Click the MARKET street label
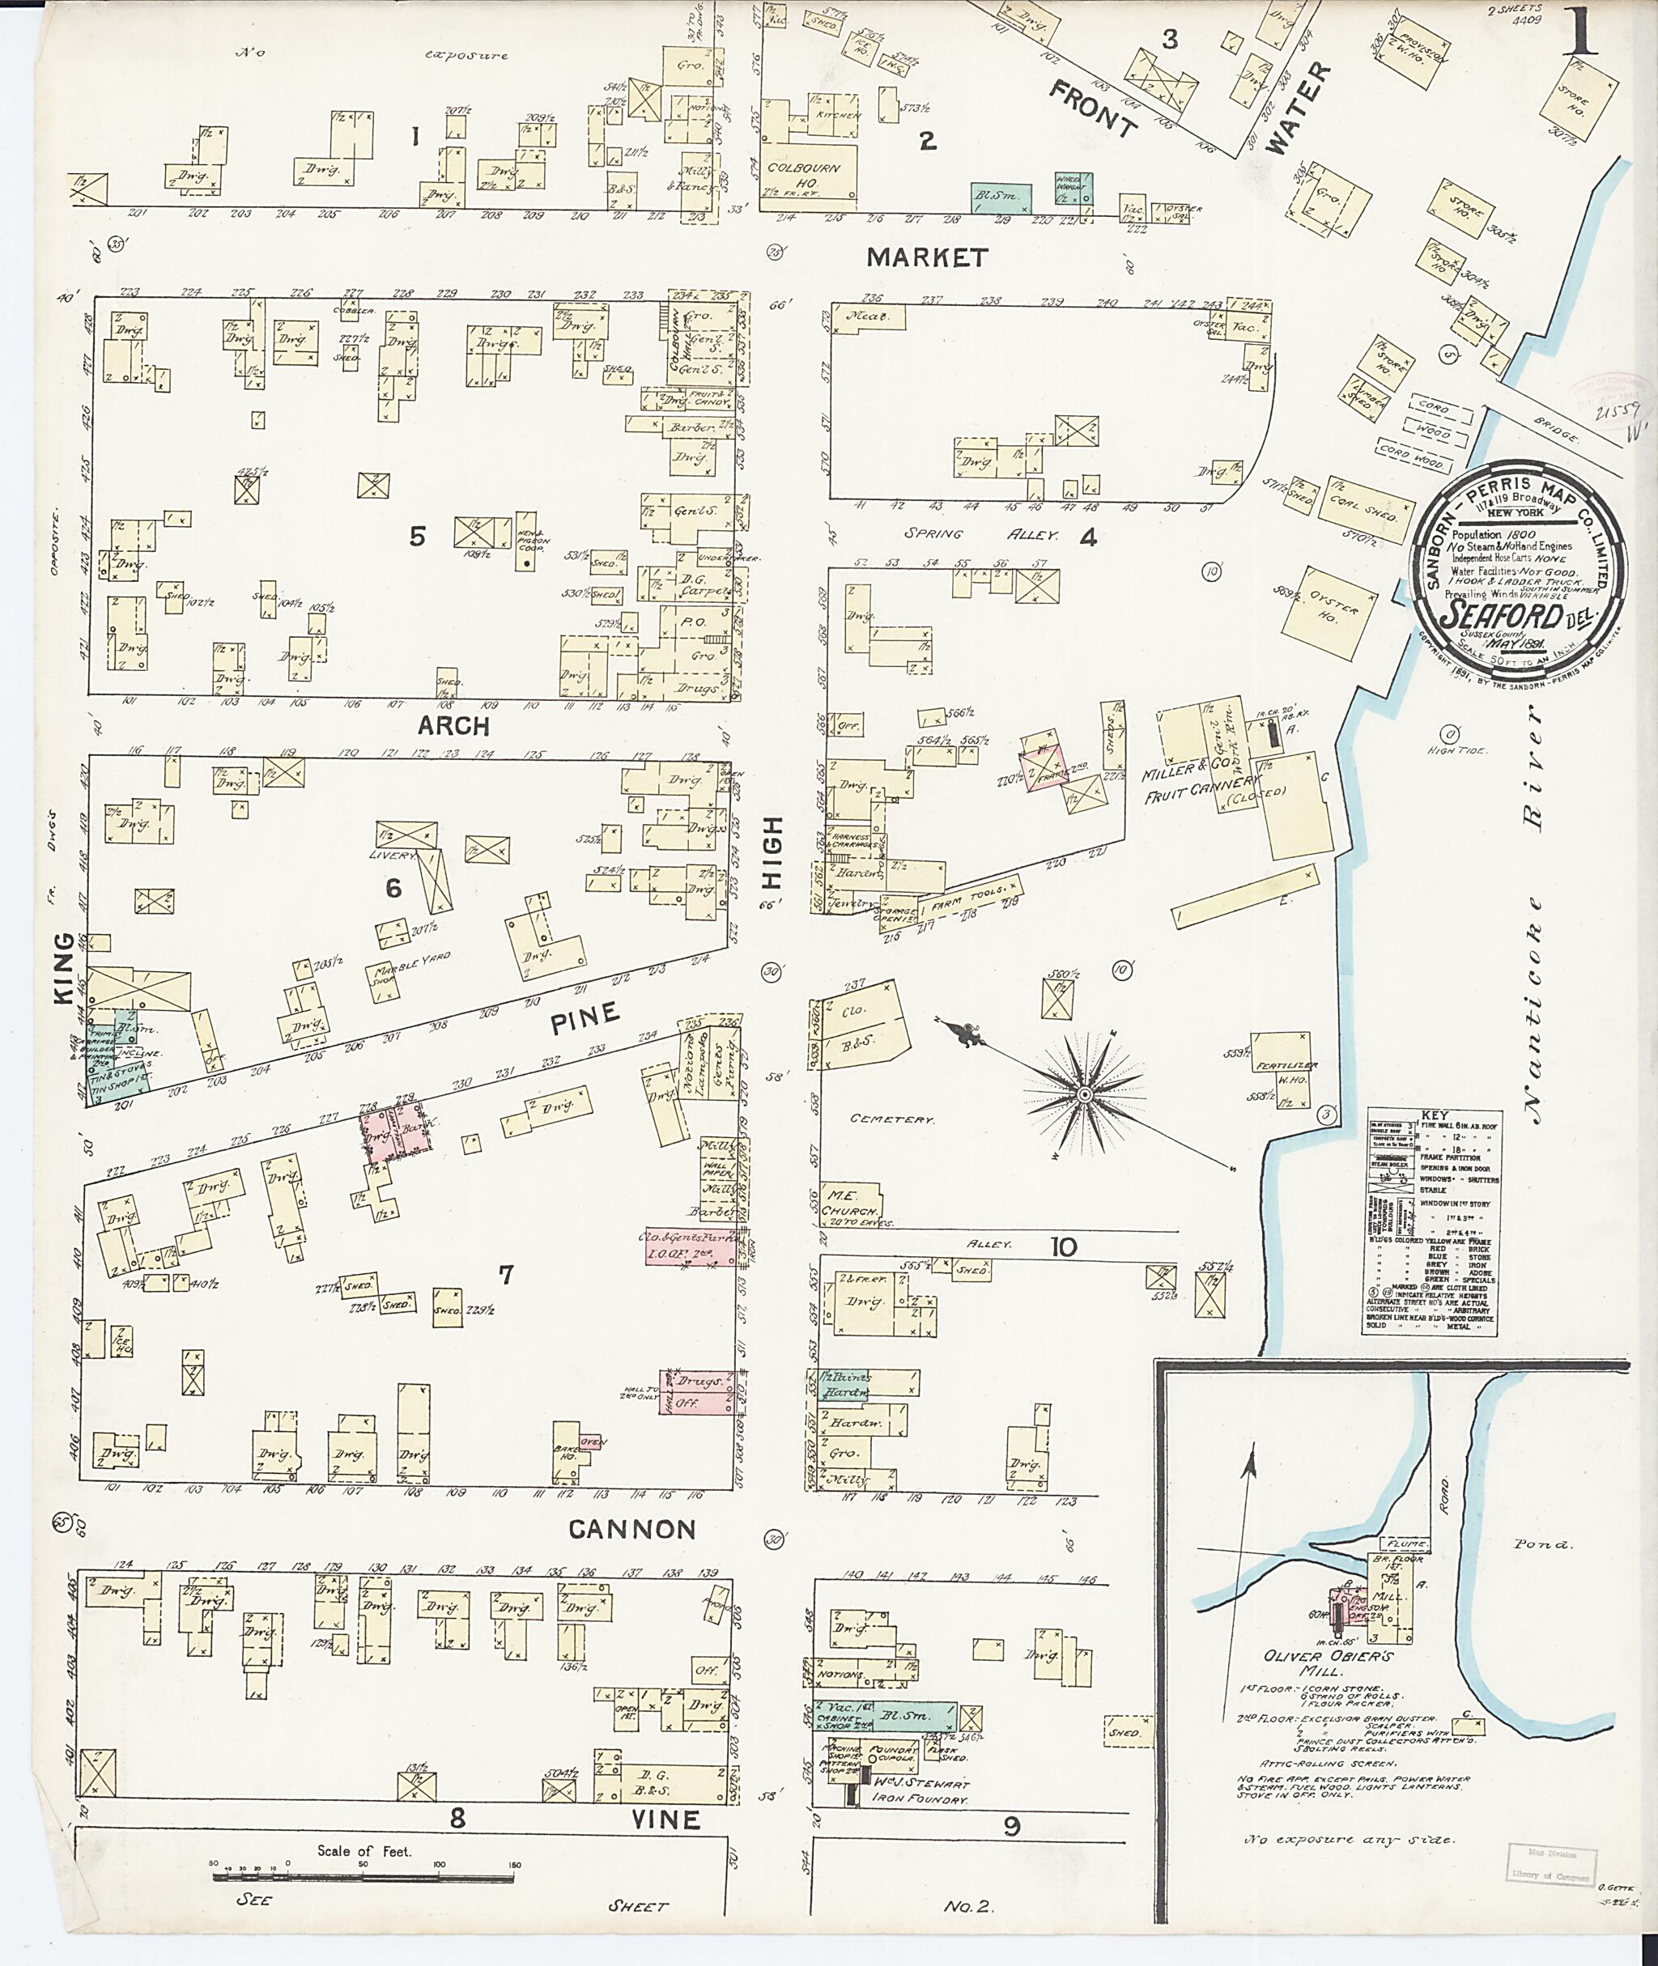[x=927, y=257]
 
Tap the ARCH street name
[x=454, y=725]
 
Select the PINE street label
[x=585, y=1017]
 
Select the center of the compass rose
[x=1084, y=1095]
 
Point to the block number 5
[x=417, y=537]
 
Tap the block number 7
[x=506, y=1274]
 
